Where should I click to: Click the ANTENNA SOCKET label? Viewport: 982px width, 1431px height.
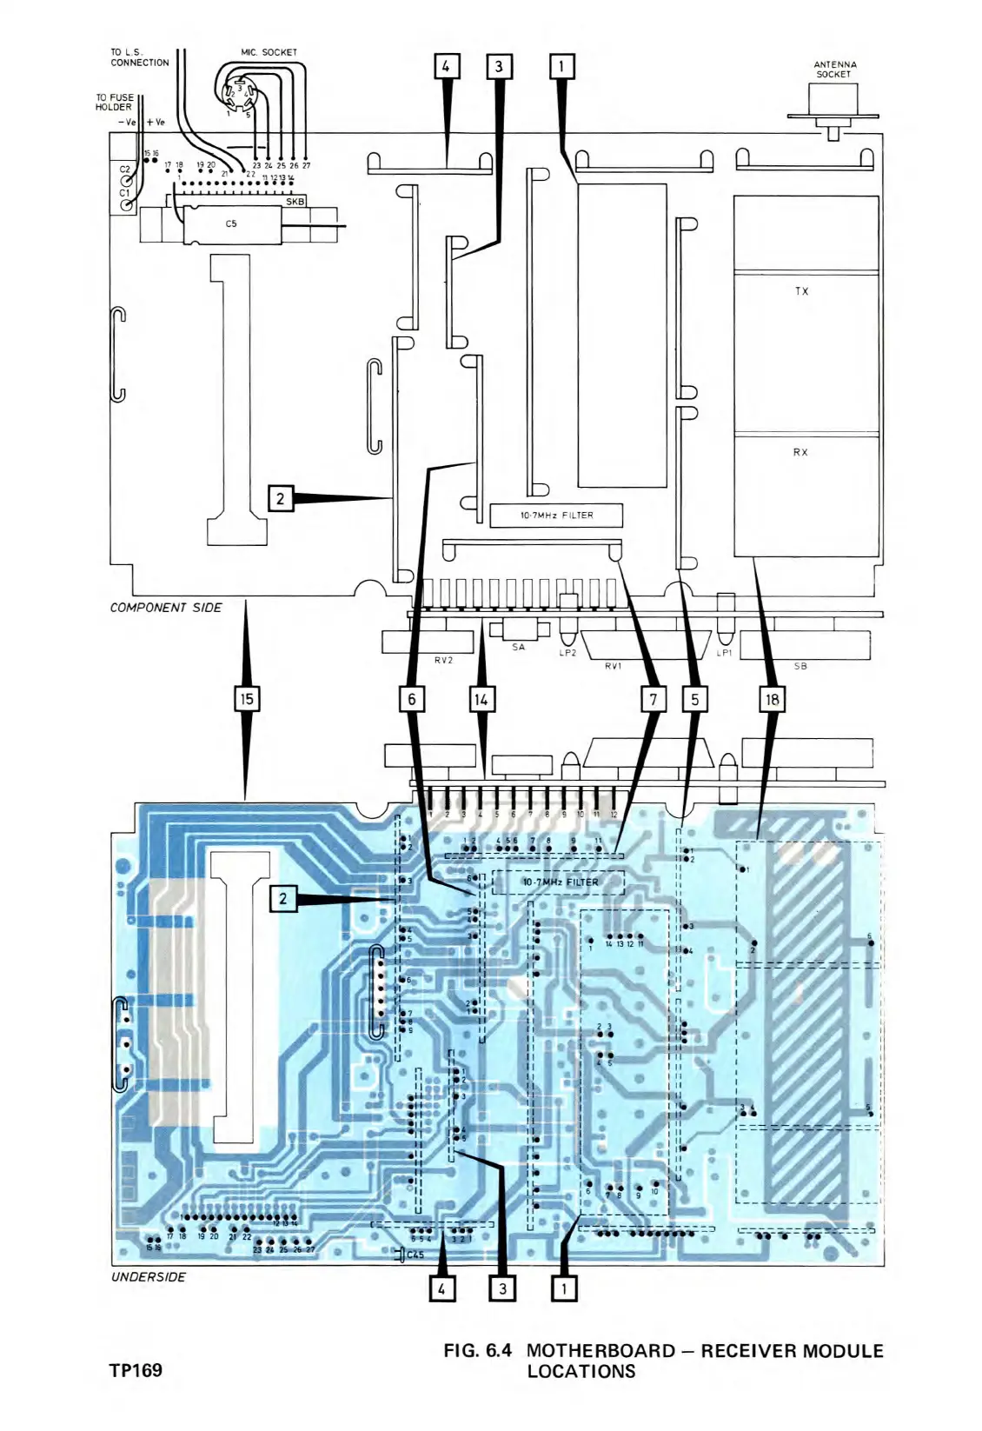(x=834, y=69)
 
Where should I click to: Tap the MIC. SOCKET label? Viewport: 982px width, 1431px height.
(x=269, y=52)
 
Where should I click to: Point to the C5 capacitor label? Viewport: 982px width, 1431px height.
(x=231, y=223)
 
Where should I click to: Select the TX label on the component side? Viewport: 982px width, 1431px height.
(x=801, y=291)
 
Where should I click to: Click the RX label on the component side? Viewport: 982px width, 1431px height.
(x=800, y=452)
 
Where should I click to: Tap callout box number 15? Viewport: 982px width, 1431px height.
(x=248, y=698)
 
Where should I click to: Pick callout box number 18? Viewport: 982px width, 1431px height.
(x=771, y=698)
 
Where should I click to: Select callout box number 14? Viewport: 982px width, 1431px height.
(x=481, y=698)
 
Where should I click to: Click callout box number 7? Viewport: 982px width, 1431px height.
(x=653, y=698)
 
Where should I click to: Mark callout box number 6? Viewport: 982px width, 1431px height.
(x=411, y=698)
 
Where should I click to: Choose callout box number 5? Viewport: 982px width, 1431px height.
(x=693, y=698)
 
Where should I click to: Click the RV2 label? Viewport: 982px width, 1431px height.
(x=443, y=660)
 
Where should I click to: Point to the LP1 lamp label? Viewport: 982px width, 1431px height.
(x=724, y=653)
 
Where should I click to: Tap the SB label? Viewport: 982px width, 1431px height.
(x=800, y=666)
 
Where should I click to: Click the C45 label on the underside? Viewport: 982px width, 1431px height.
(x=415, y=1255)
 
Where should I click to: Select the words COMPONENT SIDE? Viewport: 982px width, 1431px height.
(x=165, y=607)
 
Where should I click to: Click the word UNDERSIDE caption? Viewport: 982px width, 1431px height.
(x=148, y=1276)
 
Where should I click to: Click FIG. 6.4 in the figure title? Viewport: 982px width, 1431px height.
(x=477, y=1350)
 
